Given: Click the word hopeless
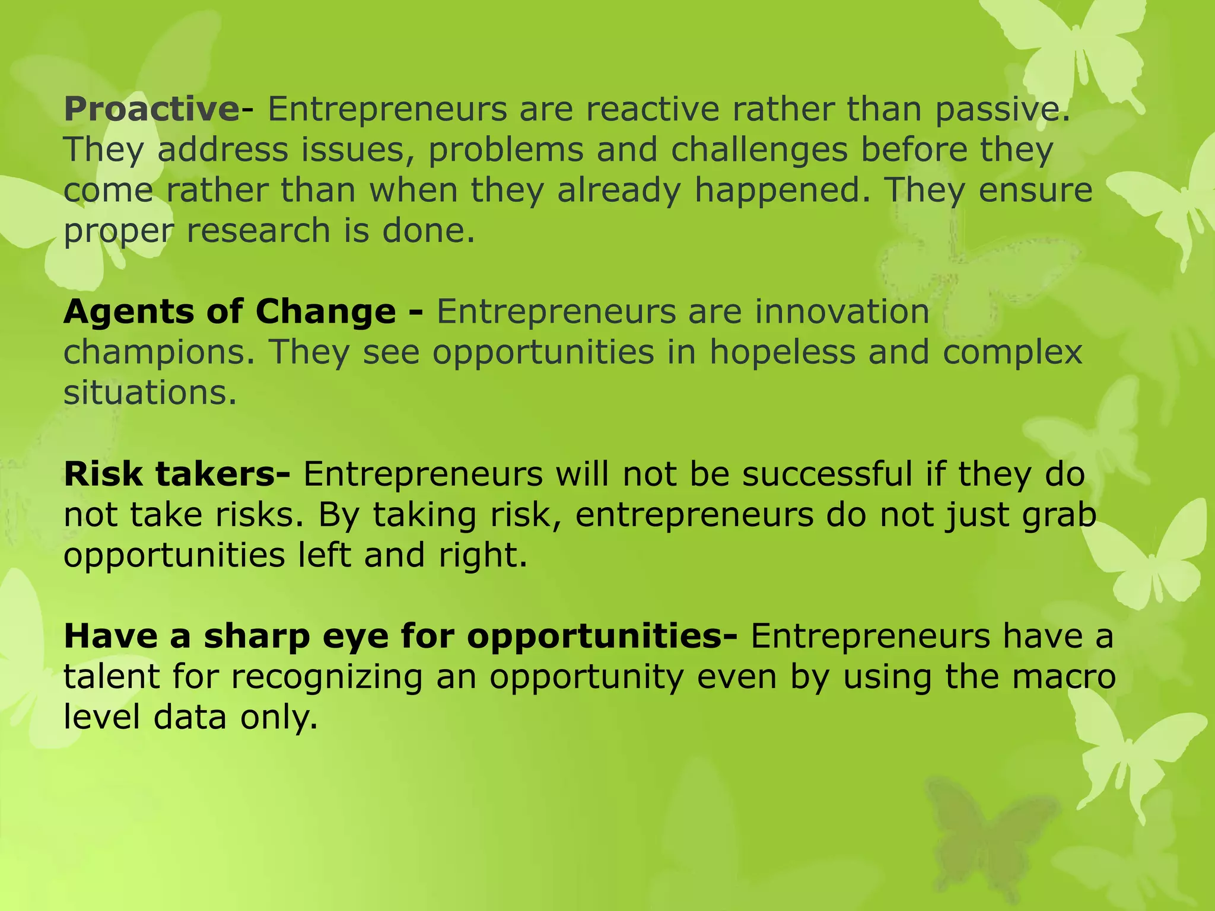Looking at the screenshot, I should [783, 352].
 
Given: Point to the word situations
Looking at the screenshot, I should [150, 393].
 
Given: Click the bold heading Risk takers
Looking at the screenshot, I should [176, 474].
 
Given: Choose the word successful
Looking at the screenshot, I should [826, 474].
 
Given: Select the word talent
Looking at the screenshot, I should [112, 677].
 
